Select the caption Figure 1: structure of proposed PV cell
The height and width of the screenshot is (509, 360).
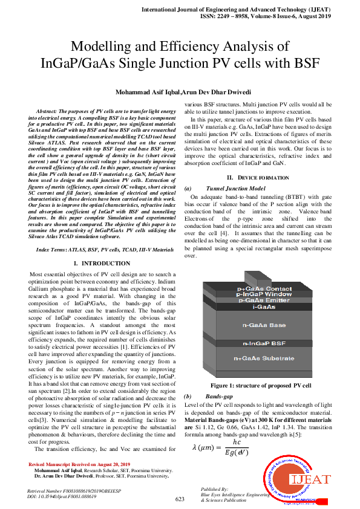(260, 385)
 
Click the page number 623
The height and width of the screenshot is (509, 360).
(180, 499)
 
